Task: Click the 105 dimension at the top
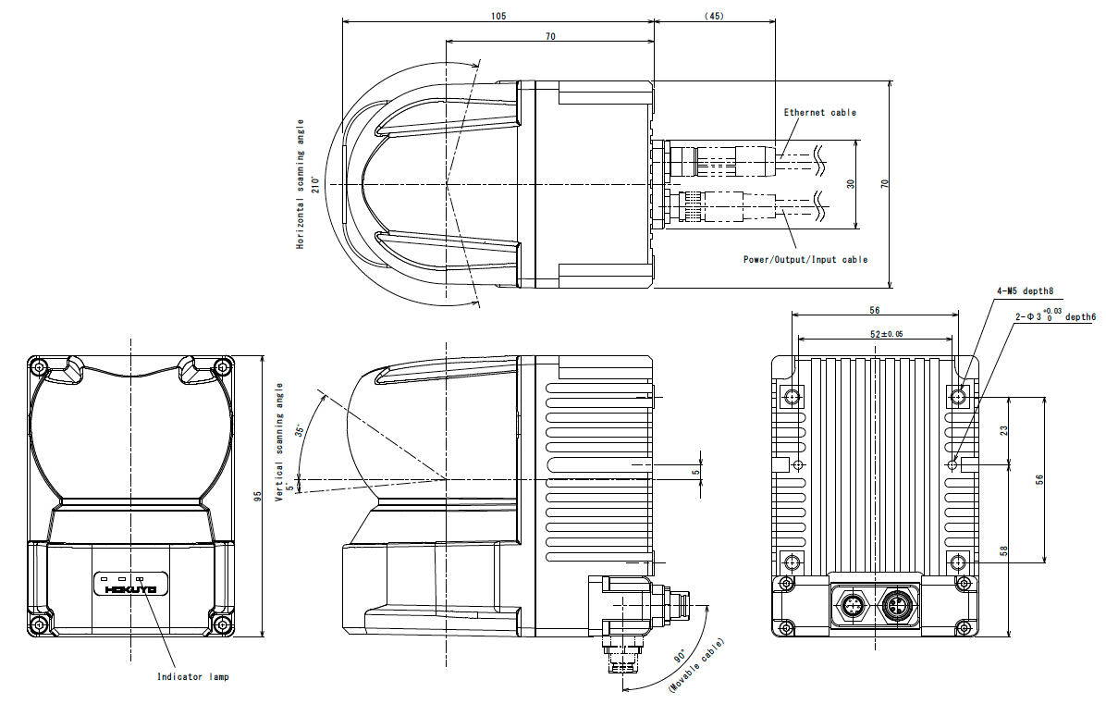click(498, 16)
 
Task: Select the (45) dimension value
click(713, 16)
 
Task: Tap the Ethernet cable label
click(819, 112)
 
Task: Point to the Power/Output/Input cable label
click(805, 260)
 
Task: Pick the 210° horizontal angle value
click(315, 183)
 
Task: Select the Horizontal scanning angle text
click(300, 183)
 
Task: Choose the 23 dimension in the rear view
click(1004, 430)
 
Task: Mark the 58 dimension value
click(1004, 551)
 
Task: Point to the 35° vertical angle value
click(299, 431)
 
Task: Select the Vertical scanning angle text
click(278, 442)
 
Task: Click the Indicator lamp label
click(192, 676)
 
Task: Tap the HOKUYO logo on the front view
click(130, 588)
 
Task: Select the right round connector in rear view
click(896, 607)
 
